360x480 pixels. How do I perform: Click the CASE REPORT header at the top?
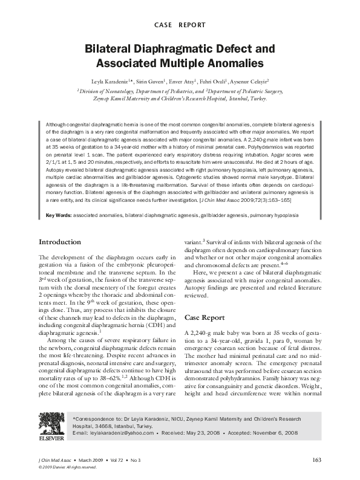pos(180,25)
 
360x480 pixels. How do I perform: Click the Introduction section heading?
pos(60,242)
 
